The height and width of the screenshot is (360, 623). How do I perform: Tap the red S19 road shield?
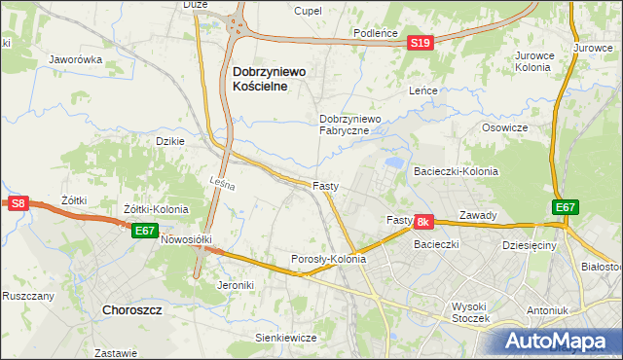pyautogui.click(x=420, y=44)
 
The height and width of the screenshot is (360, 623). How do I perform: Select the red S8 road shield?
pyautogui.click(x=18, y=203)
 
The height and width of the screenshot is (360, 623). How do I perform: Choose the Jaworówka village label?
pyautogui.click(x=76, y=59)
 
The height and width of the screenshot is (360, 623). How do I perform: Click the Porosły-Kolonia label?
pyautogui.click(x=329, y=260)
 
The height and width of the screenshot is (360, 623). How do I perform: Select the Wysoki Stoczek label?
pyautogui.click(x=475, y=311)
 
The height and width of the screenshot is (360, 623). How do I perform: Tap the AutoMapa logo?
pyautogui.click(x=564, y=341)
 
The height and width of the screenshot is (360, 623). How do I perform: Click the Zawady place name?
pyautogui.click(x=479, y=216)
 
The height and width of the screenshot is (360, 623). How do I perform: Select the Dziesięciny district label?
pyautogui.click(x=528, y=246)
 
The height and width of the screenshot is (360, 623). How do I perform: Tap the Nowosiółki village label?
pyautogui.click(x=186, y=238)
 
